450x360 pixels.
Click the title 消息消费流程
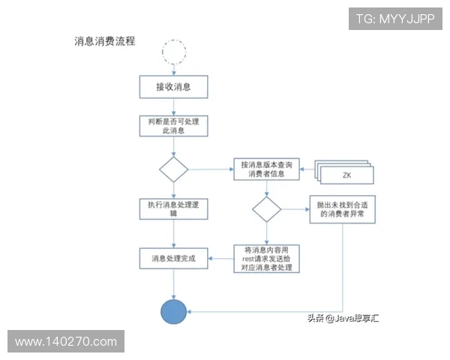[x=105, y=41]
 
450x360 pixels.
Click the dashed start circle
[x=174, y=51]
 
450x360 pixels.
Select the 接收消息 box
[x=173, y=87]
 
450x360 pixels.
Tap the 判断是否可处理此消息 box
[x=173, y=125]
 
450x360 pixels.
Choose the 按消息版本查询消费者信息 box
[x=265, y=169]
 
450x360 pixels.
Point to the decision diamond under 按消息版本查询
[x=265, y=209]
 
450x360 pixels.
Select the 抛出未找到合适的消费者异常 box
[x=342, y=209]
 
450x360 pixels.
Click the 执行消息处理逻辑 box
[x=173, y=209]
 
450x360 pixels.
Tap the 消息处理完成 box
[x=173, y=258]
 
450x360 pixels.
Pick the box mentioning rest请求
[x=265, y=258]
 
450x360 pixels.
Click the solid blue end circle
[x=174, y=310]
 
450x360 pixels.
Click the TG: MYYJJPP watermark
[x=394, y=19]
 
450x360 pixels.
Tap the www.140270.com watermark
[x=66, y=342]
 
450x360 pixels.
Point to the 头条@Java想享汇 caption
[x=342, y=319]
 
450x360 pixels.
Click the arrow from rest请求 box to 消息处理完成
[x=220, y=258]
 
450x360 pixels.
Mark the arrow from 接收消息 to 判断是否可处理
[x=173, y=106]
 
